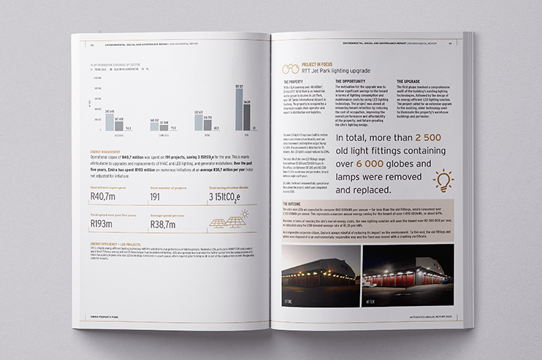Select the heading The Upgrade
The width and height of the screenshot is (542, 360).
(x=411, y=82)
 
